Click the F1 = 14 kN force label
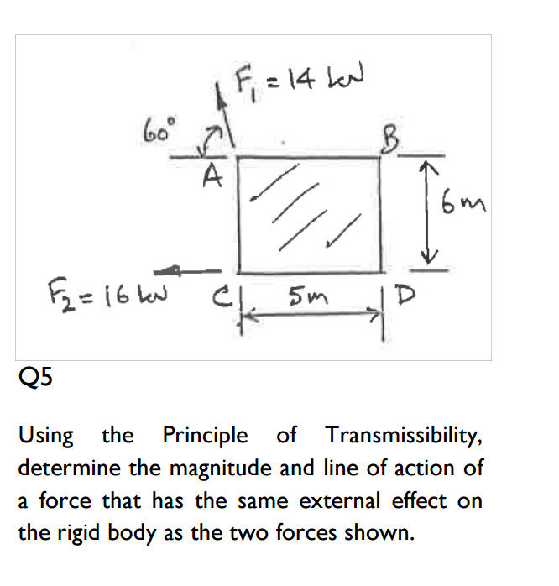[300, 81]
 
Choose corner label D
[406, 296]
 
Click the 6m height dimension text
[463, 202]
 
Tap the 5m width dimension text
[308, 296]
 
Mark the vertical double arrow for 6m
[428, 214]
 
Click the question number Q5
[35, 377]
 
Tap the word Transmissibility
[404, 435]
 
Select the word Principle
[205, 436]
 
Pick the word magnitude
[222, 468]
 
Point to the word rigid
[78, 534]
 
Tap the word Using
[46, 436]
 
